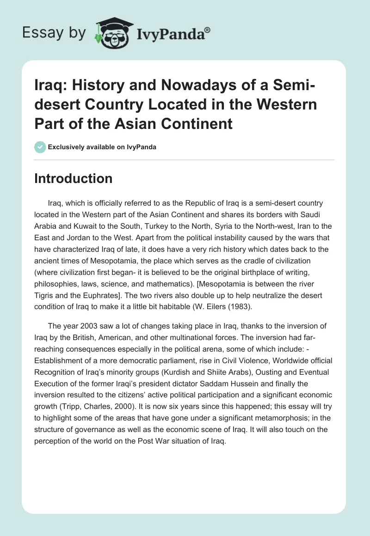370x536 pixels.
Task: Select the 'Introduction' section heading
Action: click(73, 178)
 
